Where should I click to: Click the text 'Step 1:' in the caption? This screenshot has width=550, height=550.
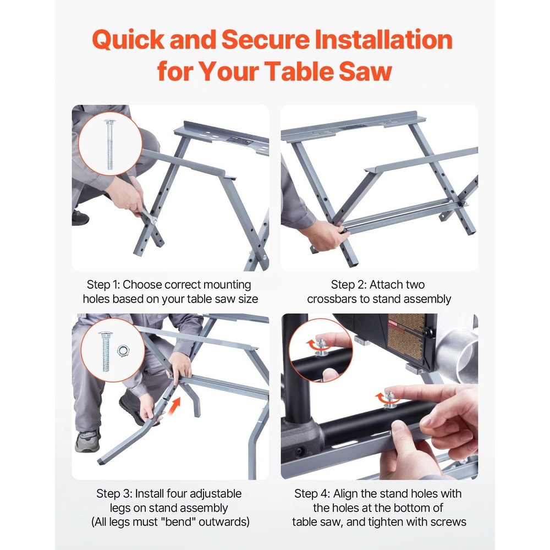[x=103, y=285]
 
